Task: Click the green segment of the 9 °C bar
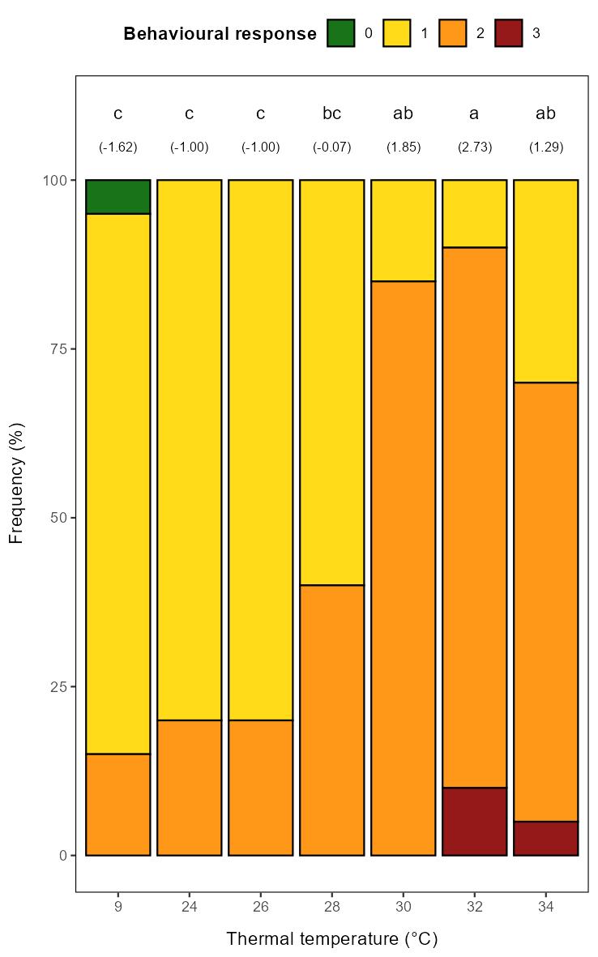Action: [117, 197]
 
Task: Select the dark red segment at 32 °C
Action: [474, 821]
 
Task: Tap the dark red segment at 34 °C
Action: [545, 838]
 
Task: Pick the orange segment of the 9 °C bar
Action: [117, 804]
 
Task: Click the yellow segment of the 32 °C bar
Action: [474, 213]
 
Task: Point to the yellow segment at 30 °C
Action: [403, 230]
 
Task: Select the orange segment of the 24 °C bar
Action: [189, 787]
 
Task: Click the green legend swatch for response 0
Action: [341, 33]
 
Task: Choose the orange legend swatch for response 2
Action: [453, 33]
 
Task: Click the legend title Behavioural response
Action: [220, 34]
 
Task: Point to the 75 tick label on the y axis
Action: [58, 348]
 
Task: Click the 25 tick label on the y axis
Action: [58, 686]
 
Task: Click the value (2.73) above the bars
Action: [474, 147]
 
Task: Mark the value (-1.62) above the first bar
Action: [117, 147]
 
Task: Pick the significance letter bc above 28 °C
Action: [331, 113]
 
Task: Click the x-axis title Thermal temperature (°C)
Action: [331, 939]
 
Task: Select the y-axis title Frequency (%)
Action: [16, 482]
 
